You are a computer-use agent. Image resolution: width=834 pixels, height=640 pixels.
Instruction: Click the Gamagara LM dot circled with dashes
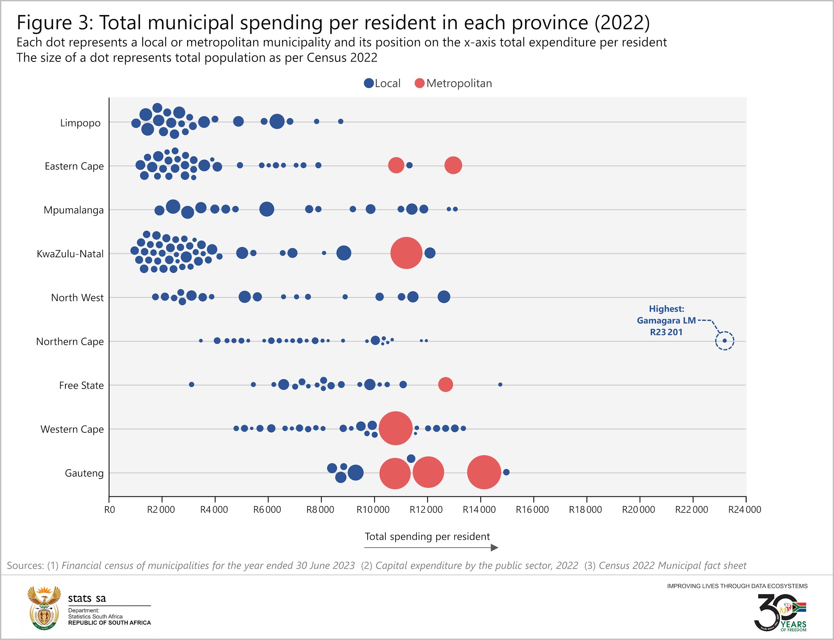pyautogui.click(x=725, y=341)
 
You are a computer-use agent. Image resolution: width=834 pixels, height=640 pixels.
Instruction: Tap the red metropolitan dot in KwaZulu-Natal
pyautogui.click(x=406, y=253)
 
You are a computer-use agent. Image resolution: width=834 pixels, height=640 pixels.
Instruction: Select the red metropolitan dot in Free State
pyautogui.click(x=446, y=384)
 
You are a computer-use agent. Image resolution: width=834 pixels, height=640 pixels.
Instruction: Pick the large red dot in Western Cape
pyautogui.click(x=396, y=428)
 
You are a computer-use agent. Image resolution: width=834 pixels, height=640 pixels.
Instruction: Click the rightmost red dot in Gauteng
pyautogui.click(x=484, y=472)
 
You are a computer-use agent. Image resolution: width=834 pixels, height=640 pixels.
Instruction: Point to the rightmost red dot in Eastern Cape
pyautogui.click(x=453, y=165)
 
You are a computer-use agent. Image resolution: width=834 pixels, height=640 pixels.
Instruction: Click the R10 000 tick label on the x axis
pyautogui.click(x=373, y=510)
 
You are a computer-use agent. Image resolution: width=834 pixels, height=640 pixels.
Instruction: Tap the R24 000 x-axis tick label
pyautogui.click(x=745, y=510)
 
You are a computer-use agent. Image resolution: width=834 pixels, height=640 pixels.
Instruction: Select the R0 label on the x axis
pyautogui.click(x=109, y=510)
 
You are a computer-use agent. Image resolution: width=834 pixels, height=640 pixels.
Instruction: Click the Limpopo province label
pyautogui.click(x=80, y=123)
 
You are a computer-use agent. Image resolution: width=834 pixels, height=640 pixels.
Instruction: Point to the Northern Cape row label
pyautogui.click(x=70, y=341)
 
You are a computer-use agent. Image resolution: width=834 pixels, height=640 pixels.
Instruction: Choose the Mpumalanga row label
pyautogui.click(x=73, y=210)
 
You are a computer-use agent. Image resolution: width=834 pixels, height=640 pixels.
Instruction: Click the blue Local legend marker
pyautogui.click(x=369, y=83)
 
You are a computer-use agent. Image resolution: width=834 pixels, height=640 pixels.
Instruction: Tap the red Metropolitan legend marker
pyautogui.click(x=420, y=83)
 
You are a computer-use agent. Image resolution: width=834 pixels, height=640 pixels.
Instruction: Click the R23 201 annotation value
pyautogui.click(x=666, y=332)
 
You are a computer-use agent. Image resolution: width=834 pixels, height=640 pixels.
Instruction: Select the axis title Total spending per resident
pyautogui.click(x=427, y=536)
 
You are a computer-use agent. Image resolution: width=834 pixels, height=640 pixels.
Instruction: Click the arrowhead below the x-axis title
pyautogui.click(x=494, y=548)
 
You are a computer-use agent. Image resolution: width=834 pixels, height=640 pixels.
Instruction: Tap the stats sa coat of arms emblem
pyautogui.click(x=44, y=608)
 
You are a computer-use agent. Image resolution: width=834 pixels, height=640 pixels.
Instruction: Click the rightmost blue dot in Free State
pyautogui.click(x=500, y=384)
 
